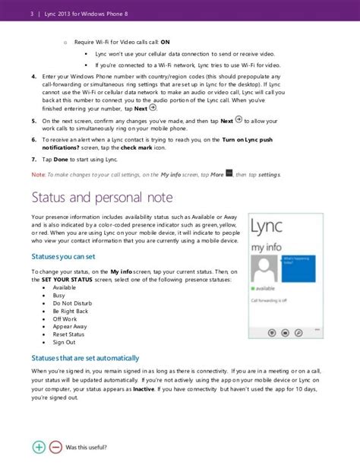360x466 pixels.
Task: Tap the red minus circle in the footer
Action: [x=55, y=448]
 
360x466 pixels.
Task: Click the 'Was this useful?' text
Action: [x=87, y=448]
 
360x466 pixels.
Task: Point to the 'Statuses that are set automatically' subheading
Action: [x=85, y=358]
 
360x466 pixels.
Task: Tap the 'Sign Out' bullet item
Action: [x=65, y=342]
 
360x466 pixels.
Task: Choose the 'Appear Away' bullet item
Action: [x=69, y=325]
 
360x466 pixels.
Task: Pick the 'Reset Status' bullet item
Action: [x=68, y=334]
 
